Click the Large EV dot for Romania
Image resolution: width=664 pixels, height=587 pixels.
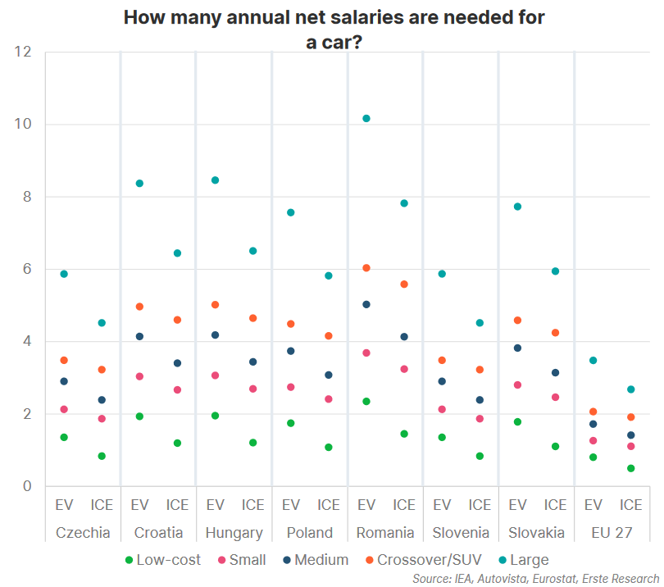coord(366,119)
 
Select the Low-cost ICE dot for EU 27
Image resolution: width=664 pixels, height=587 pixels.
coord(631,468)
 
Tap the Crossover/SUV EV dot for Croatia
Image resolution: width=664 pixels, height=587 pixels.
coord(139,307)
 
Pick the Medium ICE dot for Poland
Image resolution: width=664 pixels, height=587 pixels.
coord(329,375)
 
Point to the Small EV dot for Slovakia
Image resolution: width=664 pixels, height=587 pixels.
coord(517,385)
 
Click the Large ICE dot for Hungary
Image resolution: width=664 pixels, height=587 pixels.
coord(252,251)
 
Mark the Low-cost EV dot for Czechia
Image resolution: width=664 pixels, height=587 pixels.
coord(64,437)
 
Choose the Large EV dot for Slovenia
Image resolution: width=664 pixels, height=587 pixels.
coord(442,274)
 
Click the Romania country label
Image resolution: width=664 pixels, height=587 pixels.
coord(385,533)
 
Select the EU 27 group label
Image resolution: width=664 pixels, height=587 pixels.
coord(612,533)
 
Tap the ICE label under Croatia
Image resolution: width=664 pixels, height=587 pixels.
coord(177,505)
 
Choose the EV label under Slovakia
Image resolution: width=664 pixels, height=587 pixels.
coord(517,505)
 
